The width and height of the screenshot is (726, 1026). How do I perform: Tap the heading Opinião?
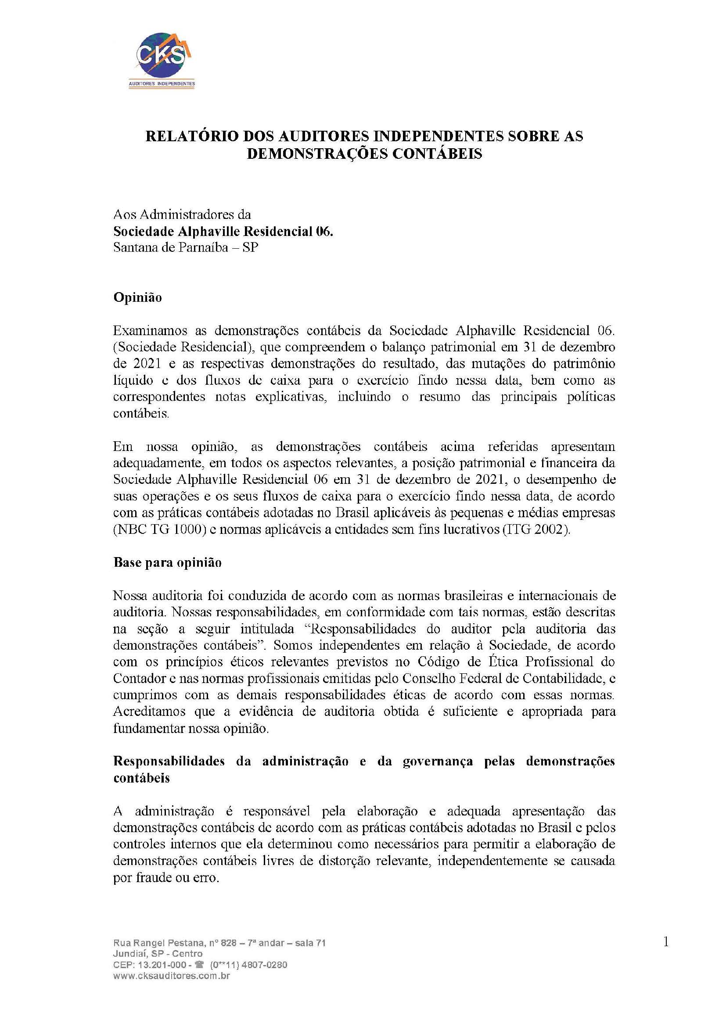pos(138,297)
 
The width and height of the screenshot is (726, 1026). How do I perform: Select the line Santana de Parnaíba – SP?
pos(186,247)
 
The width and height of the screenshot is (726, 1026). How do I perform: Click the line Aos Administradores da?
pos(182,215)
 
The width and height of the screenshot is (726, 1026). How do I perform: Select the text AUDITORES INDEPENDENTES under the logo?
pos(162,84)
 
